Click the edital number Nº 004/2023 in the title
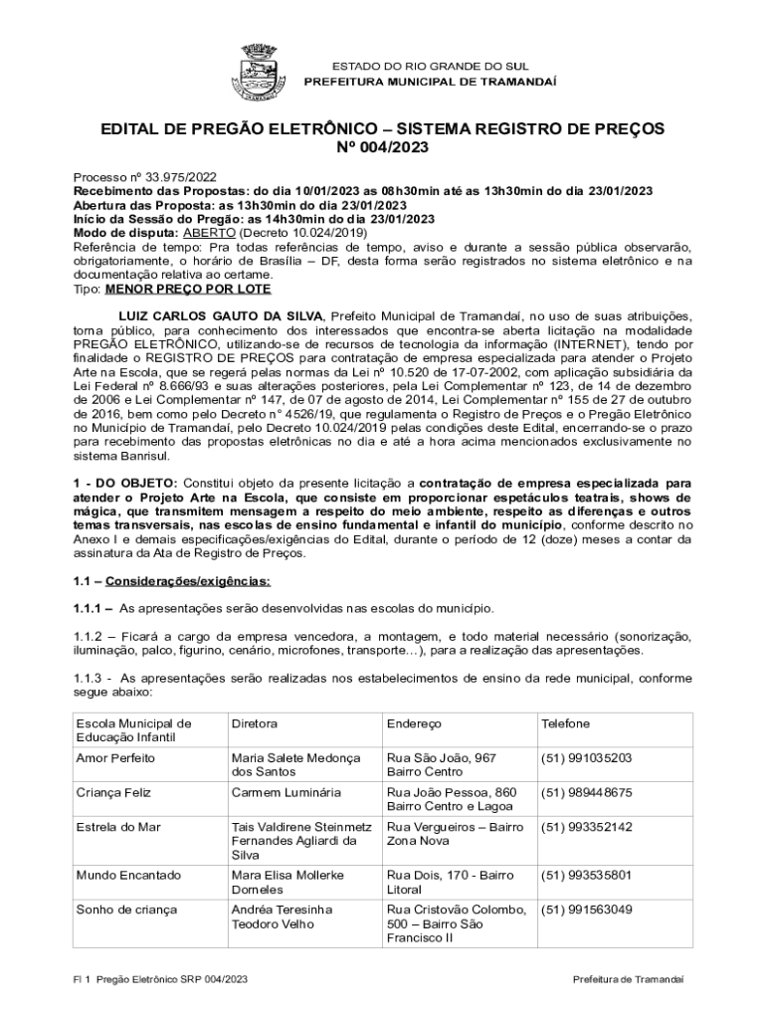383,149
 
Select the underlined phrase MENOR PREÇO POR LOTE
188,289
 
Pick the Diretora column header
254,724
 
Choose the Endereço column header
414,724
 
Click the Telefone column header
565,724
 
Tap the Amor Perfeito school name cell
115,758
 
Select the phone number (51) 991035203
586,758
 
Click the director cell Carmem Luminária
286,793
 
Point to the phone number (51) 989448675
586,793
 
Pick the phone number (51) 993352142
586,827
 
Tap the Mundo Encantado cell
128,876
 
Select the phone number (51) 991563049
586,910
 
